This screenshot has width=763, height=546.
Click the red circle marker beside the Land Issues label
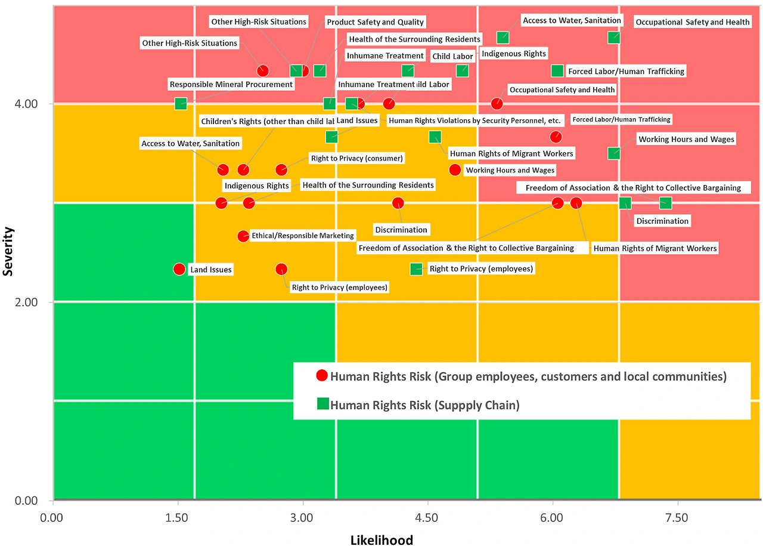(x=179, y=269)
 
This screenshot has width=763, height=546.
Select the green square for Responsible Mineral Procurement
(x=181, y=104)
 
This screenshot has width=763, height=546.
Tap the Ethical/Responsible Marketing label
(x=303, y=236)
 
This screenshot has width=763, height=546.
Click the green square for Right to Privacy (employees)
(x=416, y=269)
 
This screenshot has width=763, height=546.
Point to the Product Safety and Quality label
(x=375, y=22)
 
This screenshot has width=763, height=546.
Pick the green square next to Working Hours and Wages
(x=614, y=153)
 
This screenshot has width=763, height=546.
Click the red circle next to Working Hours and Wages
(x=455, y=169)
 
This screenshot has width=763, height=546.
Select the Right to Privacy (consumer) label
(x=356, y=158)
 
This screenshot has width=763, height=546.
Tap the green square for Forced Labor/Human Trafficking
(x=557, y=71)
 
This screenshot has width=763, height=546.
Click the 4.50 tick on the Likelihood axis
(x=427, y=517)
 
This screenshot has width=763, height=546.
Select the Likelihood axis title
(x=381, y=539)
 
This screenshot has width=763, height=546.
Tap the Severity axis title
(x=8, y=251)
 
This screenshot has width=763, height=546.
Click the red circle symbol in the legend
(x=322, y=376)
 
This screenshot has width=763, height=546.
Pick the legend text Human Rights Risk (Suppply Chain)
(x=424, y=405)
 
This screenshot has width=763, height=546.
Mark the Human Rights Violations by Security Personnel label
(x=474, y=121)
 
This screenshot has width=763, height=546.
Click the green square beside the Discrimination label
(x=625, y=203)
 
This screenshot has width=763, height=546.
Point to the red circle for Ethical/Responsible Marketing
(x=243, y=236)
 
